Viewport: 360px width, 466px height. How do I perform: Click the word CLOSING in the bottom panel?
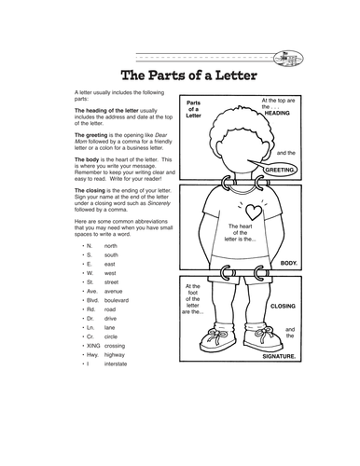click(283, 305)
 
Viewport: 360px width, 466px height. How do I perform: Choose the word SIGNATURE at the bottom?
click(277, 356)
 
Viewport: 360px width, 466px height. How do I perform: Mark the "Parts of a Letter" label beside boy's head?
click(194, 108)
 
